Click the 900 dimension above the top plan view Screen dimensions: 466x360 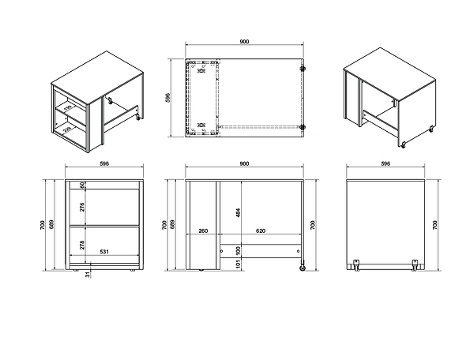(x=244, y=42)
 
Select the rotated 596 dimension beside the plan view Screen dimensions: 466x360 (x=167, y=98)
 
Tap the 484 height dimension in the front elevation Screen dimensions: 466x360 (x=238, y=212)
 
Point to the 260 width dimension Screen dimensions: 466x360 (x=203, y=231)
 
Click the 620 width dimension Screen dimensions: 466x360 (x=261, y=231)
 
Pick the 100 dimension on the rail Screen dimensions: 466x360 (x=238, y=251)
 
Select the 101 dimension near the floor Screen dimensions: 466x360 (x=238, y=264)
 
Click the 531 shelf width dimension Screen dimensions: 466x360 (x=104, y=252)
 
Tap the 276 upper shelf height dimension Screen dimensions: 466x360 (x=82, y=207)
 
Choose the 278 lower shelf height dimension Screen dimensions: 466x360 (x=82, y=245)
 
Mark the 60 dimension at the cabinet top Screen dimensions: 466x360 (x=82, y=185)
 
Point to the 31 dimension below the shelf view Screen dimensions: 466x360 (x=88, y=275)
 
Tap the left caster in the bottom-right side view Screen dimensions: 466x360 (x=356, y=265)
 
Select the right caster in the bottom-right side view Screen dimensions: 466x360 (x=415, y=265)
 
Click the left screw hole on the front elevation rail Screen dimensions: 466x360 (x=221, y=251)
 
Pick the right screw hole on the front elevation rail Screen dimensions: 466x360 (x=298, y=251)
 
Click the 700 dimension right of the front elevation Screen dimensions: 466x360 (x=312, y=225)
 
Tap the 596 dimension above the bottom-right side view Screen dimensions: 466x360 (x=385, y=163)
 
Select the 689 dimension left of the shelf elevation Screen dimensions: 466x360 (x=51, y=224)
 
